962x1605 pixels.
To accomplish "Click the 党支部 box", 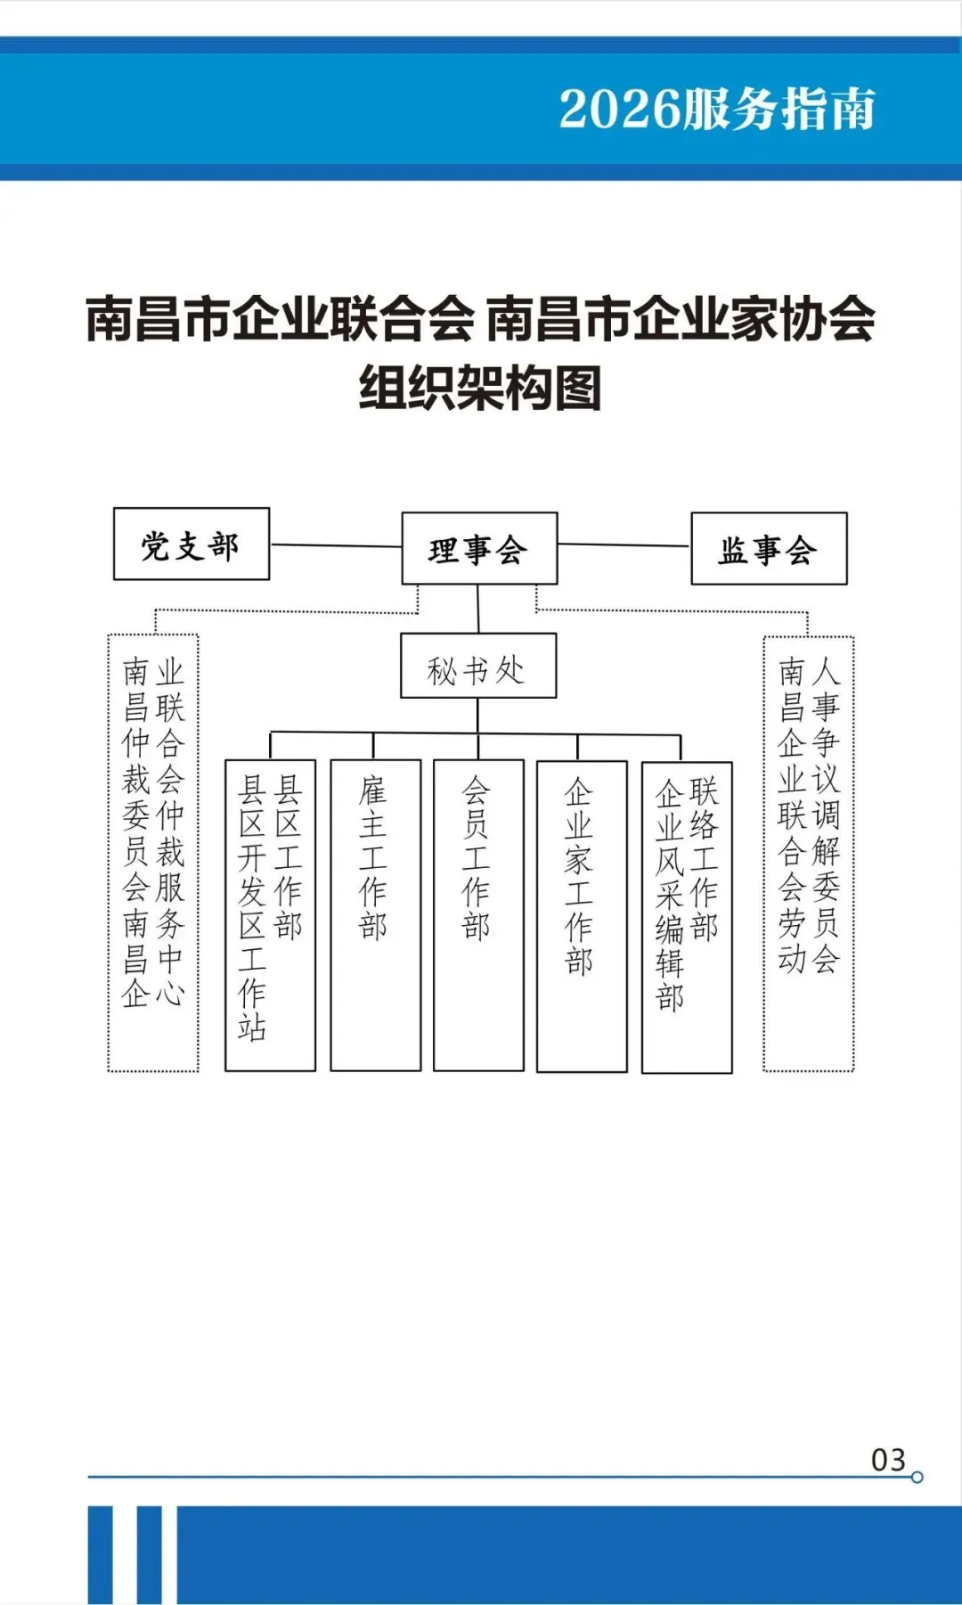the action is coord(192,545).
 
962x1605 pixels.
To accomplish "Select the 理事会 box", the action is coord(479,549).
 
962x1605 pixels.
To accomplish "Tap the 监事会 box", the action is coord(769,549).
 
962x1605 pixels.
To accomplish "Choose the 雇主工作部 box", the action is coord(375,915).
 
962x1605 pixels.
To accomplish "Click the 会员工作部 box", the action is coord(478,915).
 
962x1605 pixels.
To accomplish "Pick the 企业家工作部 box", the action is coord(582,916).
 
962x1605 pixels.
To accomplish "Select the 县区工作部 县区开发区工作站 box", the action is coord(270,915).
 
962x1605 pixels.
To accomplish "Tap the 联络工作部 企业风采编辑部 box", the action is coord(687,917).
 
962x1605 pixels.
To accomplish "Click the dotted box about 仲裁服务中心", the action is coord(153,853).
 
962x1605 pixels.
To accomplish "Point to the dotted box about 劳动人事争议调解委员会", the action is coord(808,854).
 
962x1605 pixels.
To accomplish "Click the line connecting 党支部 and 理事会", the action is coord(336,545).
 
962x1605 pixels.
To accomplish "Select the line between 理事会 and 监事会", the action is coord(624,545).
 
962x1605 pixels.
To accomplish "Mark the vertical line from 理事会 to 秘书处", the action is coord(478,609).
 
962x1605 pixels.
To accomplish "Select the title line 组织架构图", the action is coord(480,389).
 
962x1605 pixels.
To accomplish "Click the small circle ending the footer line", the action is coord(917,1478).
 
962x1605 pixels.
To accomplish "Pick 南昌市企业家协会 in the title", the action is coord(681,320).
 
